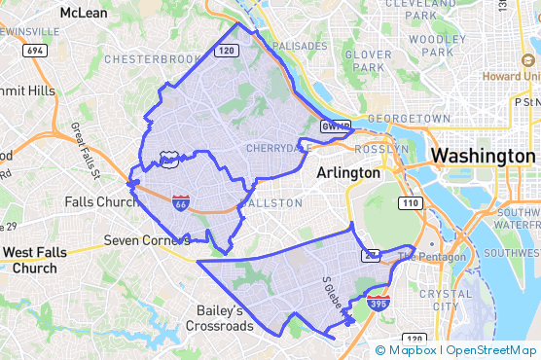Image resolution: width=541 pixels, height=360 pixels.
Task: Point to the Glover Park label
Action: click(367, 61)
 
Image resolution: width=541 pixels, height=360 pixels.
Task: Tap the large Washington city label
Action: click(483, 156)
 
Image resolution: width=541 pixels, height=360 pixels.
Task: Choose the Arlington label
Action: click(347, 172)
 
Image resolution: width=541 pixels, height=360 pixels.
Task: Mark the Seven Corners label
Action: click(145, 240)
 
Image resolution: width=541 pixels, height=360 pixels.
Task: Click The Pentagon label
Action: click(418, 257)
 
